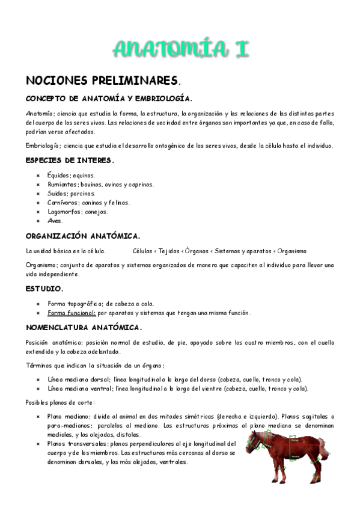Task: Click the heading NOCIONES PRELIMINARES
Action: (102, 81)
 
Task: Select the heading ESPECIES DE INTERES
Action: (70, 161)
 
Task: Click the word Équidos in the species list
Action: (58, 175)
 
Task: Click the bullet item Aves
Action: (55, 221)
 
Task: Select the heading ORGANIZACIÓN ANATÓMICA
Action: (83, 236)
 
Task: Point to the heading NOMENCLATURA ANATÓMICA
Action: (84, 328)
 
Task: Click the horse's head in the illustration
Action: (257, 442)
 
